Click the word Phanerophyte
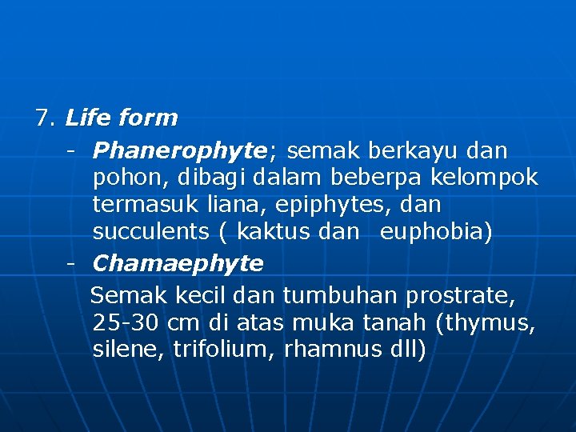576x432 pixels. pos(178,150)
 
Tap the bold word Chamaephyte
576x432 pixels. pos(178,263)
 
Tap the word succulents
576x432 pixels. pos(150,232)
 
